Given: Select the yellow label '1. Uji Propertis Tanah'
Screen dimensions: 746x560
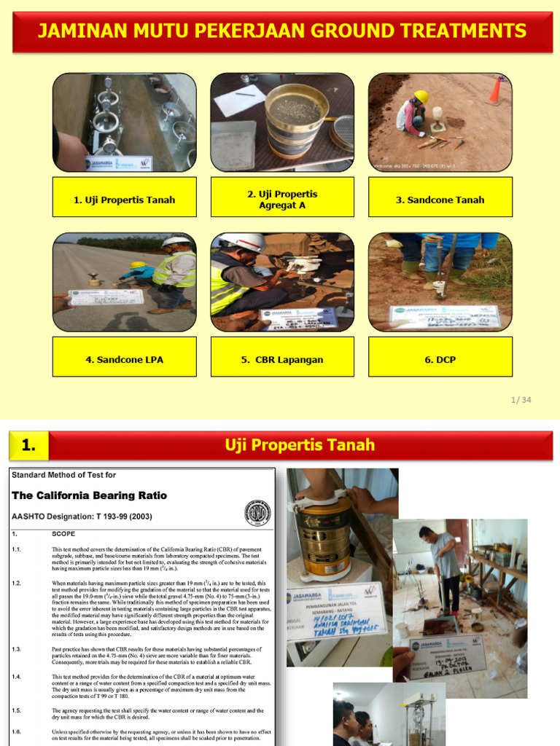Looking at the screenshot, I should [125, 200].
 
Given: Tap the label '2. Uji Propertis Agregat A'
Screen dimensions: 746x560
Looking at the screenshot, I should [282, 200].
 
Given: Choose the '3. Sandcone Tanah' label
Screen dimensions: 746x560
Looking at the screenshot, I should [440, 200].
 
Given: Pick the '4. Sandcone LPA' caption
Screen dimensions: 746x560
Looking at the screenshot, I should [125, 359].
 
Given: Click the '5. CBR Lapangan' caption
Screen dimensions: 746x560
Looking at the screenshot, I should [282, 359].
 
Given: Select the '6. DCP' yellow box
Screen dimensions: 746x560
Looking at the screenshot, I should [440, 359].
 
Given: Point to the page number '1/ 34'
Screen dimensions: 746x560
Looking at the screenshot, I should [521, 399].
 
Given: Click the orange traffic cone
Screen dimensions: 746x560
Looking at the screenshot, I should [496, 90].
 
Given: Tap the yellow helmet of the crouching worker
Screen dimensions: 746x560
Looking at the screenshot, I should [421, 96].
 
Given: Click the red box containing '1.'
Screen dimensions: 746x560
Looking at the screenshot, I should [28, 445].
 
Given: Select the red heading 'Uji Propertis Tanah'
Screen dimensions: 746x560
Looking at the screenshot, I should [299, 445].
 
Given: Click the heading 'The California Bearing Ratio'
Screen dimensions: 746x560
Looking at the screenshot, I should [89, 495].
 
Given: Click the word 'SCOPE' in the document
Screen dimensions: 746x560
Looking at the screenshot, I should [63, 533].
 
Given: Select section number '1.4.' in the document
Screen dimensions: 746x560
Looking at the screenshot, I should [17, 677].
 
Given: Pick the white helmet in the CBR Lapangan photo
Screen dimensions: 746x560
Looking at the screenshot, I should [243, 242].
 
